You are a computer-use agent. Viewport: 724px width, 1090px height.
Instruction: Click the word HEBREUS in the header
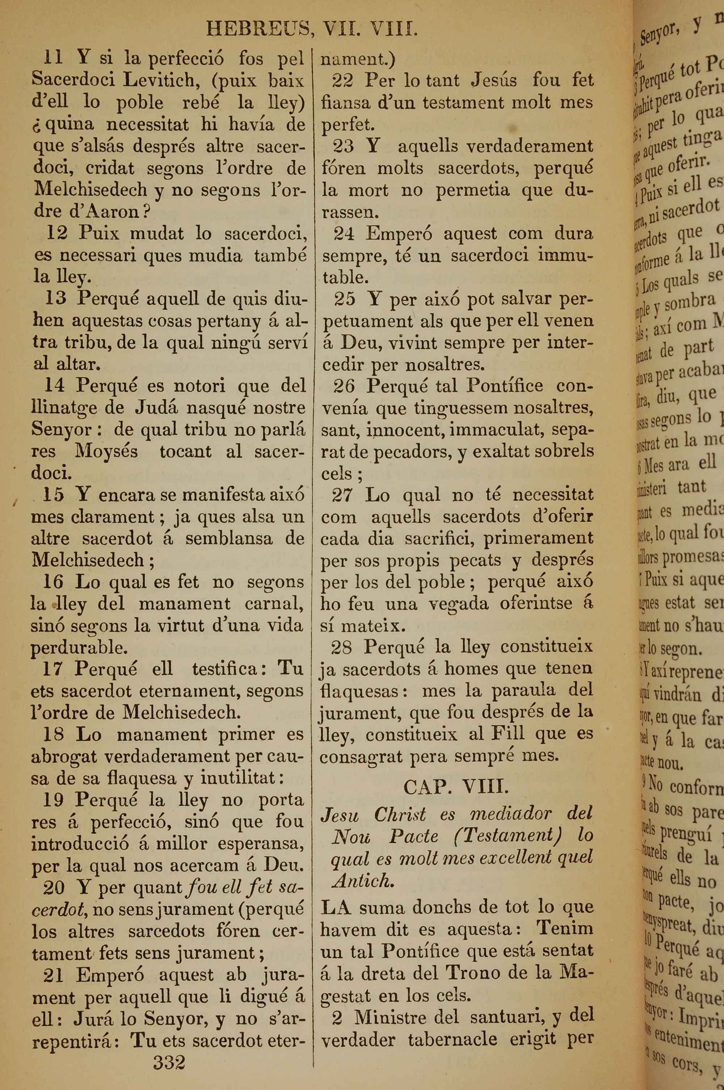258,30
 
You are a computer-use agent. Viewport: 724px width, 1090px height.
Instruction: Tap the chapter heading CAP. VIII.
456,786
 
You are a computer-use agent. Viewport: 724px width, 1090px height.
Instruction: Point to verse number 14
55,385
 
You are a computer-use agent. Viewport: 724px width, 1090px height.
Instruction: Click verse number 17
54,669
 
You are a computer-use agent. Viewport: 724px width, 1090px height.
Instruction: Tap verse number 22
342,80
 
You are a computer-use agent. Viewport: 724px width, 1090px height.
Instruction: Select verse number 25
345,299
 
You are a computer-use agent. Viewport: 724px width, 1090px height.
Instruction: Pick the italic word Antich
363,882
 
